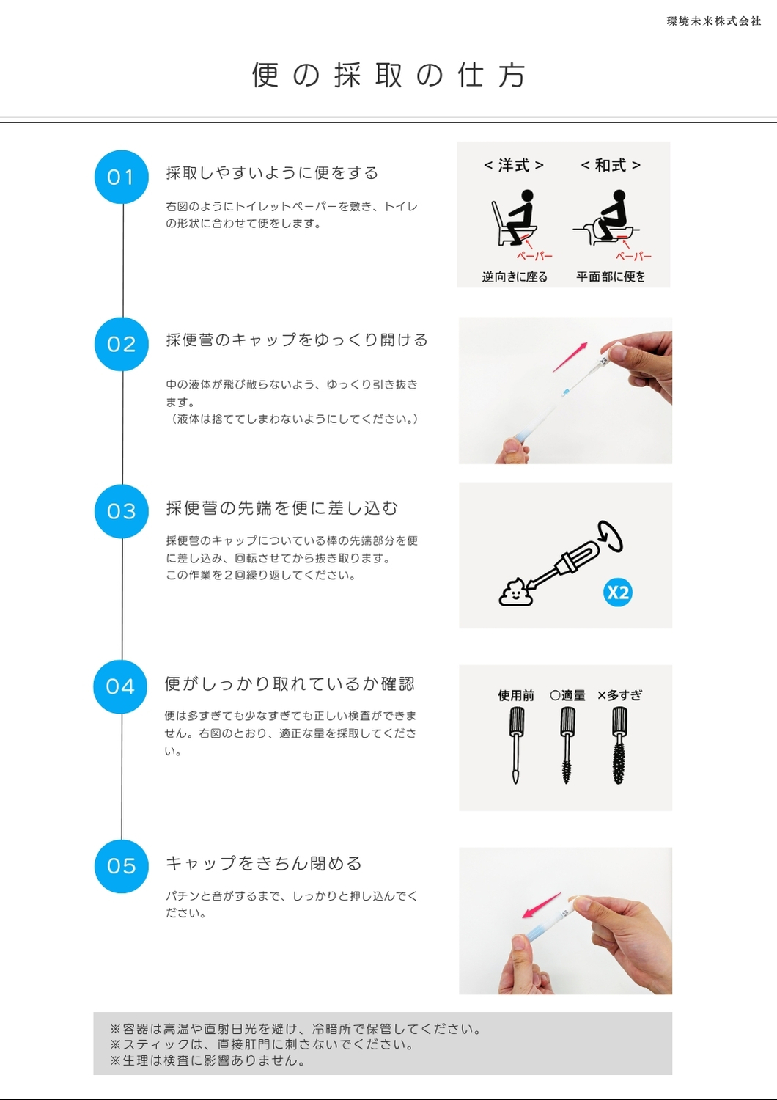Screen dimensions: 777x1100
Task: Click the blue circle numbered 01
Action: (x=121, y=177)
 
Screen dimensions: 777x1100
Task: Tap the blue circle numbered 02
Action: (x=121, y=344)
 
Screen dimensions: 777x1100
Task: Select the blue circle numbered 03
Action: (x=121, y=511)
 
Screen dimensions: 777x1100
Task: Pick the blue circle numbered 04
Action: (x=120, y=686)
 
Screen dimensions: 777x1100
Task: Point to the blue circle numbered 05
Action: (x=121, y=866)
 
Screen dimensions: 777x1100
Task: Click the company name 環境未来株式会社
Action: (x=714, y=21)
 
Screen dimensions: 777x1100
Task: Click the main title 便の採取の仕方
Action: (x=388, y=75)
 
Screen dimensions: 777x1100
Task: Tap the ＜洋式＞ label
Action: (x=513, y=166)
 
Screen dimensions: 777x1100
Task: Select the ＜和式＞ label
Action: (x=611, y=166)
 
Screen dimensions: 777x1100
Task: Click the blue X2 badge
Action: (x=617, y=593)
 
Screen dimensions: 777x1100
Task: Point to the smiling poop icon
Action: (x=516, y=593)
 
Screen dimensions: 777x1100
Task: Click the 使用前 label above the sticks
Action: (x=516, y=695)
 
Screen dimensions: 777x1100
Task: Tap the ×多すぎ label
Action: (x=619, y=695)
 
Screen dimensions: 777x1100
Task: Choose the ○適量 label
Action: (x=567, y=695)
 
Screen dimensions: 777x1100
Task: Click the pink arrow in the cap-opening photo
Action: (x=570, y=358)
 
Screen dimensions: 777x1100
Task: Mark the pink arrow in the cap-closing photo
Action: (x=542, y=905)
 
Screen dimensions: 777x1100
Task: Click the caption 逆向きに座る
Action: (x=515, y=277)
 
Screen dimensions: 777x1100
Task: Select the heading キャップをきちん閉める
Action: (x=264, y=863)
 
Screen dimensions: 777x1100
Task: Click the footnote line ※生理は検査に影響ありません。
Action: (x=207, y=1060)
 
